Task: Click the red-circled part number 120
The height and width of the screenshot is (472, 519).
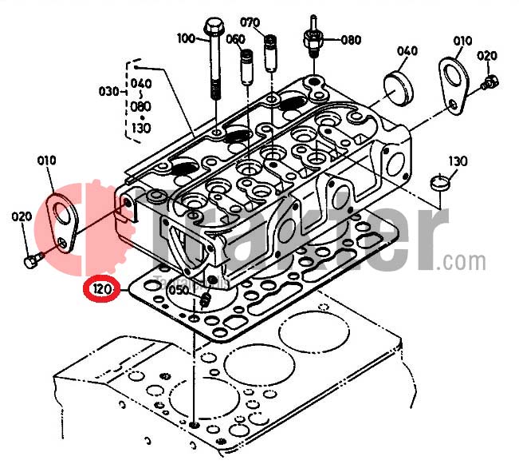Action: click(102, 288)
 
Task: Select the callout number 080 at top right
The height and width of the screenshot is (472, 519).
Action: click(351, 39)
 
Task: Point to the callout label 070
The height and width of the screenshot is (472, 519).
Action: click(250, 22)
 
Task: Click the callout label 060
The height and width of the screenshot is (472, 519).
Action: click(235, 38)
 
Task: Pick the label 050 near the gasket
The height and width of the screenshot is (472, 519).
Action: click(179, 292)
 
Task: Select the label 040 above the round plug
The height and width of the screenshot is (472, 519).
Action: click(407, 51)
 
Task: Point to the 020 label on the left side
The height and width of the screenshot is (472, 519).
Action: click(21, 216)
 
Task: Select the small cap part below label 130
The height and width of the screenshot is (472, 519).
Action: click(440, 183)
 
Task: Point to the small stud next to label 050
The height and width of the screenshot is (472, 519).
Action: click(204, 300)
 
